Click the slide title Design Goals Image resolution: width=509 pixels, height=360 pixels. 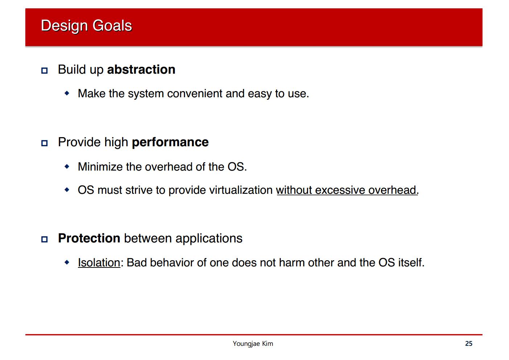click(x=86, y=26)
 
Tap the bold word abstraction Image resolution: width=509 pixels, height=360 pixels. click(x=141, y=69)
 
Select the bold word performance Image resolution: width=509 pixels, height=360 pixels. click(x=170, y=143)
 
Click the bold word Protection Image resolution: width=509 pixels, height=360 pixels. click(x=89, y=238)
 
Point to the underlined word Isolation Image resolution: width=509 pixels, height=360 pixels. click(x=99, y=262)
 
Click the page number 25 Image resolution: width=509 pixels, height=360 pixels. click(x=469, y=343)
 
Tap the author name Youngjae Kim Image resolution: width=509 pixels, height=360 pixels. click(x=253, y=344)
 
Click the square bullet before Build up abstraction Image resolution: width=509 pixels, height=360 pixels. click(x=44, y=70)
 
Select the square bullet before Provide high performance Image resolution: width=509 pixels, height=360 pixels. click(x=44, y=143)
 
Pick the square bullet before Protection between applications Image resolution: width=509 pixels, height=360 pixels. click(x=44, y=239)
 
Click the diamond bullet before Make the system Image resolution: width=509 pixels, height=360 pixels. click(x=67, y=93)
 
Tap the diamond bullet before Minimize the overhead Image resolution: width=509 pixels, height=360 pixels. click(x=67, y=166)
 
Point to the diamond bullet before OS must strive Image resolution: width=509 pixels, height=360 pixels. click(x=67, y=189)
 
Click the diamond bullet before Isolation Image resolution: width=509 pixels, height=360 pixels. click(x=67, y=262)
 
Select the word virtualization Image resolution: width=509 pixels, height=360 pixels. click(x=241, y=190)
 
